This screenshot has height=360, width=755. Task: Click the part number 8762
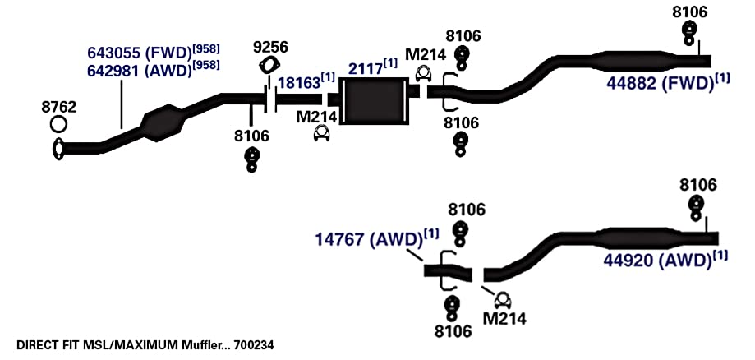[x=59, y=107]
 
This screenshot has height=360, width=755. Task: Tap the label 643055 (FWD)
[x=140, y=52]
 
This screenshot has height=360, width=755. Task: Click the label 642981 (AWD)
[x=140, y=71]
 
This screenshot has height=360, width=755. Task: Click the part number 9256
[x=270, y=47]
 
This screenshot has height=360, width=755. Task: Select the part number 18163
[x=300, y=83]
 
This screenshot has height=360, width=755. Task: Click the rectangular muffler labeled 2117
[x=373, y=100]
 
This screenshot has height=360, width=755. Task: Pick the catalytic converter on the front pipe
[x=163, y=122]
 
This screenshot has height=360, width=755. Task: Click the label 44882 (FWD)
[x=660, y=83]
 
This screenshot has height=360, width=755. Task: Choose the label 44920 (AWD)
[x=658, y=261]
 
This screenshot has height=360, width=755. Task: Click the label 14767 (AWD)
[x=370, y=239]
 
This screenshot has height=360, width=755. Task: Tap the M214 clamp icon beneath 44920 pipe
[x=503, y=301]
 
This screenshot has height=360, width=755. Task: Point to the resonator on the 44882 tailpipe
[x=632, y=60]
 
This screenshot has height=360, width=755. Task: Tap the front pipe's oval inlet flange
[x=58, y=149]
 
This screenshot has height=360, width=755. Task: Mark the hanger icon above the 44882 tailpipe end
[x=689, y=32]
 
